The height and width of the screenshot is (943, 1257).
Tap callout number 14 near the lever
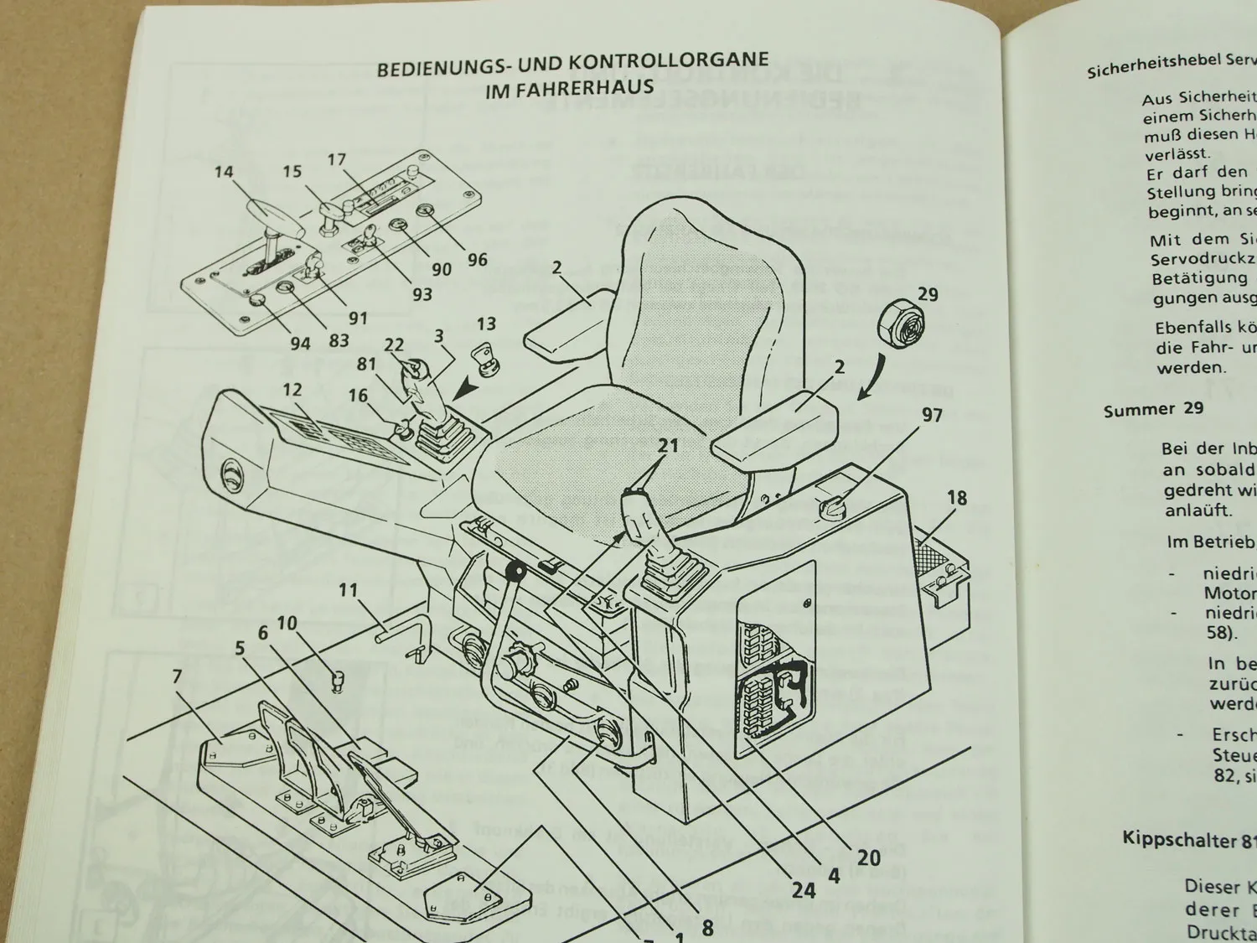223,173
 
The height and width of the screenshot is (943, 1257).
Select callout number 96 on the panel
477,260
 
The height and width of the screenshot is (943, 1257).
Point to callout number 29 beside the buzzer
928,294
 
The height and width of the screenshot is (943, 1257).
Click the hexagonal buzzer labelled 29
897,324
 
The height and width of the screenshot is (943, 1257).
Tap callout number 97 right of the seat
931,416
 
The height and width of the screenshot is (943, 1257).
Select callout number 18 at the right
956,498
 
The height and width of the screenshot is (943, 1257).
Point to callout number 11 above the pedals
348,590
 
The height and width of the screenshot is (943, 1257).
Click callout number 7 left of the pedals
177,676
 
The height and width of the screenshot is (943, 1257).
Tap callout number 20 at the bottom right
868,857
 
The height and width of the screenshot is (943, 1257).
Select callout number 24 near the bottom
803,889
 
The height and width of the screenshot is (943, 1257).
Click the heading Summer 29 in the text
1153,409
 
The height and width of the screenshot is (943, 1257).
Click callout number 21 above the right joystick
667,446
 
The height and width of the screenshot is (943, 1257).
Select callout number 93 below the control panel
422,294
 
